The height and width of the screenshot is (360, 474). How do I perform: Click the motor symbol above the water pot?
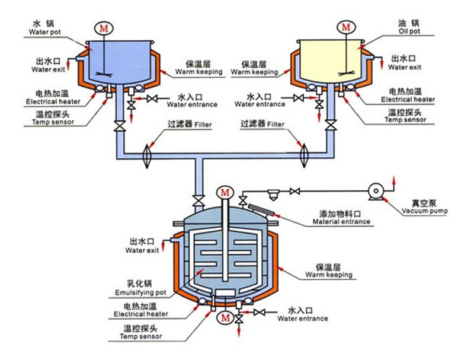coord(104,27)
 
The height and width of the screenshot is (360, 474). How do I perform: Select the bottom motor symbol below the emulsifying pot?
coord(224,318)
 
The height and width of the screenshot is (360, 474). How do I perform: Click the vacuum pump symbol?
coord(375,191)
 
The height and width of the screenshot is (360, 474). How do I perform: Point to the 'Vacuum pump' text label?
coord(424,211)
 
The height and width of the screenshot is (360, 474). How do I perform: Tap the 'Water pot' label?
coord(44,33)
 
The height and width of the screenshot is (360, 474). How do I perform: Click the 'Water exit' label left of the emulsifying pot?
coord(142,250)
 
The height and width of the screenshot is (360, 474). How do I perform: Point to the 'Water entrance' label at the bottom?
coord(302,318)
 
